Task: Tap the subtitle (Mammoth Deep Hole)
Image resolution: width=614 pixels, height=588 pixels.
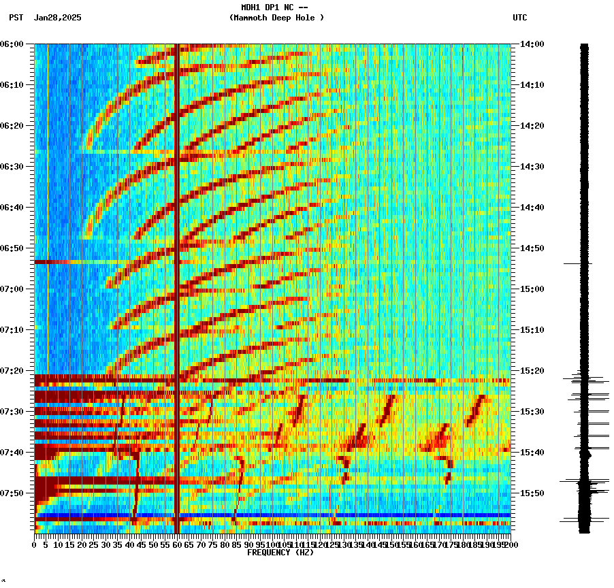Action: [276, 18]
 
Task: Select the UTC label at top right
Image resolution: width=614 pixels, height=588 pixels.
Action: [519, 18]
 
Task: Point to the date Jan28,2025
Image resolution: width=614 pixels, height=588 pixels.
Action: [57, 18]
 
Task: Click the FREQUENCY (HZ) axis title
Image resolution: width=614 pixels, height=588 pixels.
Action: [280, 553]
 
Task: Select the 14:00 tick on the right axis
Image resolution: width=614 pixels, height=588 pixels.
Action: [532, 44]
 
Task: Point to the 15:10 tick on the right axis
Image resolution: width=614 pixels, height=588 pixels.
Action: [532, 330]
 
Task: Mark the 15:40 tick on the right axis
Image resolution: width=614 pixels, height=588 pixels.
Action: [532, 453]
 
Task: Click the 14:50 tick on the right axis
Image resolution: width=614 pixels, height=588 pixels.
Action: [532, 248]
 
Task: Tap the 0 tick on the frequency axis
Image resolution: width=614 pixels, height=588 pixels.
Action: [35, 545]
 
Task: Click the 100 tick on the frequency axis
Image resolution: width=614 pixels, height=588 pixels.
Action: [272, 545]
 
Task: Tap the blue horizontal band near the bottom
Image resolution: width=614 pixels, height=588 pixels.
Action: [306, 515]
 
